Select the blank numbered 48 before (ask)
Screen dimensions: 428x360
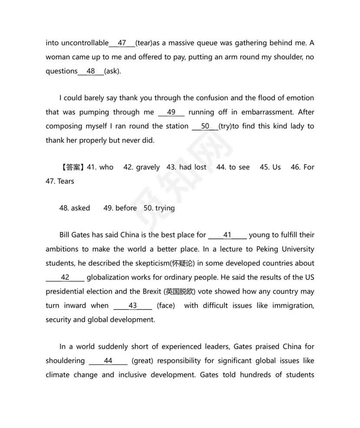(91, 71)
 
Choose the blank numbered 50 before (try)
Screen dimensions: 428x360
(205, 126)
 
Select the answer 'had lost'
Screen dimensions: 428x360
(193, 167)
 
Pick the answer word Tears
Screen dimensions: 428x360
(65, 181)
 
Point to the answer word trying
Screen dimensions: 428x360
(165, 208)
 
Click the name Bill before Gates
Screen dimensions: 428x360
(66, 235)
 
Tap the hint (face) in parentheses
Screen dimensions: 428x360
(166, 306)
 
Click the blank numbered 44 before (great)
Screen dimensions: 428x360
(108, 361)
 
